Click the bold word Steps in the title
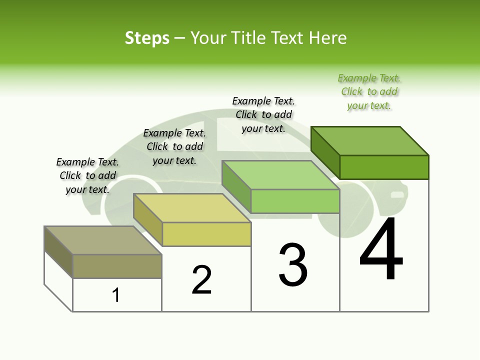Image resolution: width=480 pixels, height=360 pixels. point(147,38)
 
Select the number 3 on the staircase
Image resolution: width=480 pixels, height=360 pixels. point(293,265)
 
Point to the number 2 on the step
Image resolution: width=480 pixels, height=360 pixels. point(202,279)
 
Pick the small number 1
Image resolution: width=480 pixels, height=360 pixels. point(116,295)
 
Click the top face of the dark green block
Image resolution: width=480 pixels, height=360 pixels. point(370,141)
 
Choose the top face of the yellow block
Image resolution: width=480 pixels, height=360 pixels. point(192,208)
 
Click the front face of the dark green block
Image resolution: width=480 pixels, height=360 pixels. point(384,167)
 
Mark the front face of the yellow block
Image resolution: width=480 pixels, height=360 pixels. point(206,234)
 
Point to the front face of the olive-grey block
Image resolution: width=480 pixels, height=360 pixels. point(117,266)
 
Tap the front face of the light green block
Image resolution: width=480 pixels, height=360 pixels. point(295,201)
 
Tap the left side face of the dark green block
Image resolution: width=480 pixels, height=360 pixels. point(325,152)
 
